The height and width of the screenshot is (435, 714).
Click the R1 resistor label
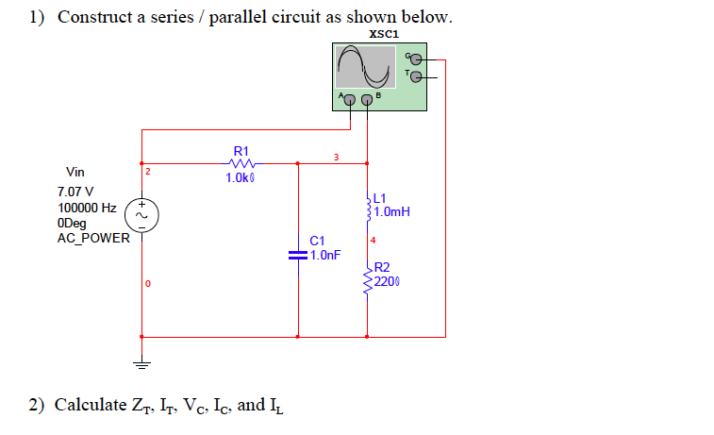pyautogui.click(x=241, y=150)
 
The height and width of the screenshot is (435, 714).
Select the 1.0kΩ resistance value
pyautogui.click(x=241, y=177)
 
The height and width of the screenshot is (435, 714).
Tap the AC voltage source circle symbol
pyautogui.click(x=142, y=216)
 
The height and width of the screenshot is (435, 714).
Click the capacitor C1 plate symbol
pyautogui.click(x=298, y=255)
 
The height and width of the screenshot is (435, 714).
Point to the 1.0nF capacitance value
pyautogui.click(x=324, y=255)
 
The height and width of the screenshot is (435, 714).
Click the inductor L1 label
pyautogui.click(x=380, y=198)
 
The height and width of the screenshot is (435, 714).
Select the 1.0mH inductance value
pyautogui.click(x=391, y=211)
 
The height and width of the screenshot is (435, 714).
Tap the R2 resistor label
pyautogui.click(x=381, y=268)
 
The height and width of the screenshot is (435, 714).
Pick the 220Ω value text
pyautogui.click(x=388, y=281)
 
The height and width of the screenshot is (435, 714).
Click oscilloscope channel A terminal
pyautogui.click(x=349, y=99)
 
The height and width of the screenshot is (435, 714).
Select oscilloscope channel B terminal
pyautogui.click(x=367, y=99)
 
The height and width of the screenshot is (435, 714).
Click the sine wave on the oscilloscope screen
pyautogui.click(x=365, y=67)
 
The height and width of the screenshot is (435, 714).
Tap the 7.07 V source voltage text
pyautogui.click(x=75, y=192)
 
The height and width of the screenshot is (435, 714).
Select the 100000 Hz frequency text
pyautogui.click(x=87, y=208)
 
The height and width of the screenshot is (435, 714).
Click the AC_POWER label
pyautogui.click(x=93, y=238)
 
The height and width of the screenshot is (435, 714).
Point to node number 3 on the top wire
pyautogui.click(x=335, y=157)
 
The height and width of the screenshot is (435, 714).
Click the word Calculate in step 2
pyautogui.click(x=91, y=406)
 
